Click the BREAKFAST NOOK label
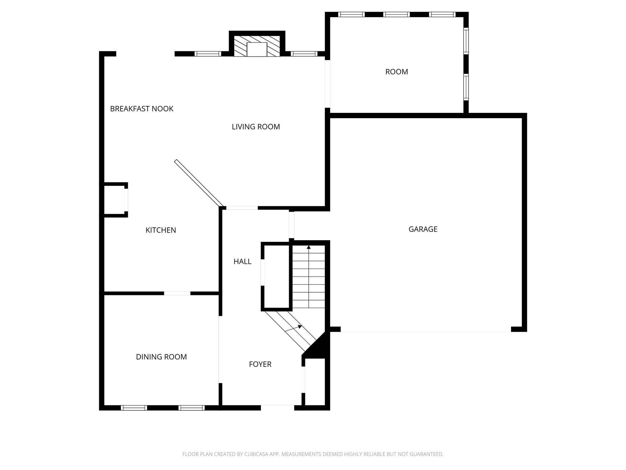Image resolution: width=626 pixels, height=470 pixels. pos(142,109)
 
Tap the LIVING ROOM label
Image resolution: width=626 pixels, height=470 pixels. pos(256,127)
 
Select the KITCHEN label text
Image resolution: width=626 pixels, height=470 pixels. pos(161,230)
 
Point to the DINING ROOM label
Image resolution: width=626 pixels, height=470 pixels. pos(161,357)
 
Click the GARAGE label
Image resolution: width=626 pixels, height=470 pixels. pos(423,229)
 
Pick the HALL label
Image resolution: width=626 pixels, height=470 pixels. pos(242,262)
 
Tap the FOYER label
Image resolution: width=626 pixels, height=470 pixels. pos(260,364)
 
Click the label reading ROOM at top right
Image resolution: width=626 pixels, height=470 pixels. pos(397,72)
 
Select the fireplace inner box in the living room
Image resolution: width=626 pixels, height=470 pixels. pos(257,50)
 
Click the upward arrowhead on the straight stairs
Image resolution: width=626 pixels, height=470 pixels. pos(309,247)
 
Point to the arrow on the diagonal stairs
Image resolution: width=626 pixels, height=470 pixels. pos(293,328)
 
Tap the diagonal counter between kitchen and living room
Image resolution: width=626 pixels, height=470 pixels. pos(199,183)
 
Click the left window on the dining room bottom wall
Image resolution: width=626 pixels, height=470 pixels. pos(134,408)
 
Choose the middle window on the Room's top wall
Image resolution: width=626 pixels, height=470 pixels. pos(396,14)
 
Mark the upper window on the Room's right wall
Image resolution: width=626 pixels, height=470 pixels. pos(466,41)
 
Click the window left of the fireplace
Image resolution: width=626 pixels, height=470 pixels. pos(208,54)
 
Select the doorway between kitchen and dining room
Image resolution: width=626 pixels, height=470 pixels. pos(177,293)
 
